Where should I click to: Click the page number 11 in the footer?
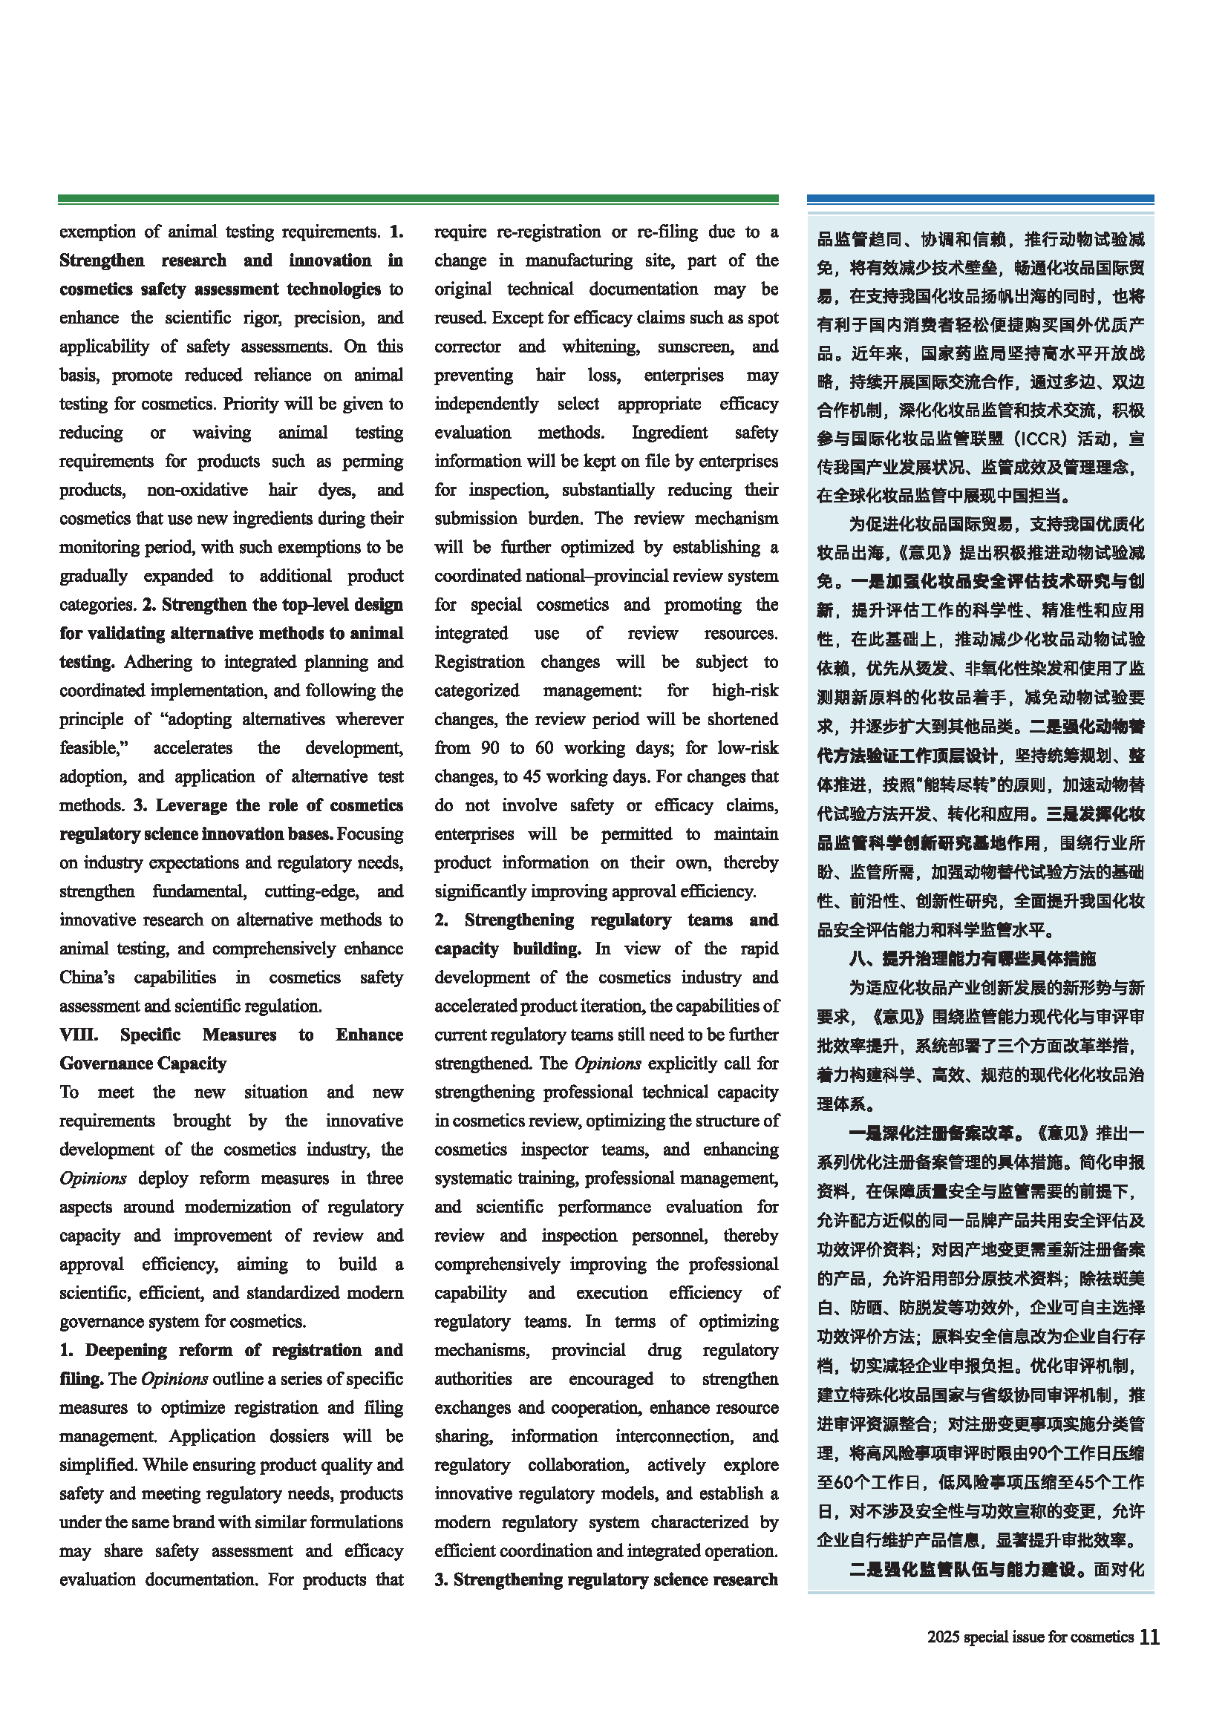coord(1149,1637)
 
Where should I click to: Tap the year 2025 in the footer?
coord(943,1637)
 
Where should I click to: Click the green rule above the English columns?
coord(418,199)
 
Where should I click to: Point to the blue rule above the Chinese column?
coord(980,199)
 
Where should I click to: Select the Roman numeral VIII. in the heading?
coord(79,1035)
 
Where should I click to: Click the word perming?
coord(373,461)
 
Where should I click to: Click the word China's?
coord(87,977)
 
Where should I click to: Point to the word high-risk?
coord(745,690)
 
